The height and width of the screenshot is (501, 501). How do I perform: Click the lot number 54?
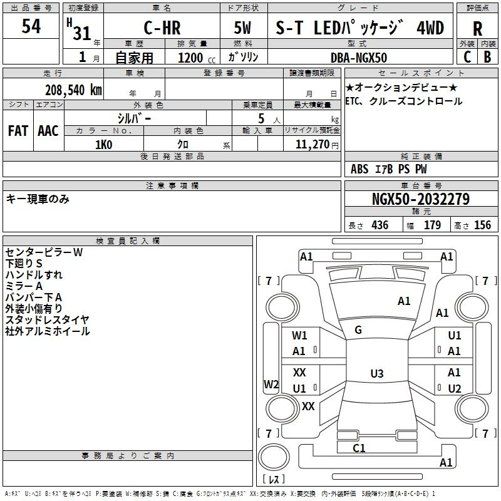pos(31,26)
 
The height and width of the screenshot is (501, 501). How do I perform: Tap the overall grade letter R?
pos(477,29)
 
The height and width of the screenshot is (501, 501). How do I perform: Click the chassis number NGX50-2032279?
pos(421,200)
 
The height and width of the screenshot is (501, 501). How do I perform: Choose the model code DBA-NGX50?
pos(359,57)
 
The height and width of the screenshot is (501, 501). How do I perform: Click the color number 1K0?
pos(103,144)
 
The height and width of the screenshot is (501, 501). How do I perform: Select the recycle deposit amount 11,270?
pos(313,144)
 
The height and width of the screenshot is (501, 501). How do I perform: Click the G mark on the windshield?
pos(358,329)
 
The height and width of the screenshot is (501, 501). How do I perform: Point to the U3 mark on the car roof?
pos(376,374)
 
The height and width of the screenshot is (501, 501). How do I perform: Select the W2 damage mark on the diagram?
pos(271,384)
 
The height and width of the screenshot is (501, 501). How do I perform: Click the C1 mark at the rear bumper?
pos(359,448)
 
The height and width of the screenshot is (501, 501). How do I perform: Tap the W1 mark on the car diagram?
pos(299,336)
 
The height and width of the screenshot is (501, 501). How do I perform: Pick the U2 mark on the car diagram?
pos(455,388)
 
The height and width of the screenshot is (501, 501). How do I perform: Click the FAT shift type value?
pos(18,130)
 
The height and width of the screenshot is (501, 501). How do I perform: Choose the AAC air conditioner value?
pos(48,130)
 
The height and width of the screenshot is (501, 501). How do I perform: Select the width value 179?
pos(433,225)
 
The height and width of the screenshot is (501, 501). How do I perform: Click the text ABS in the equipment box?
pos(359,169)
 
